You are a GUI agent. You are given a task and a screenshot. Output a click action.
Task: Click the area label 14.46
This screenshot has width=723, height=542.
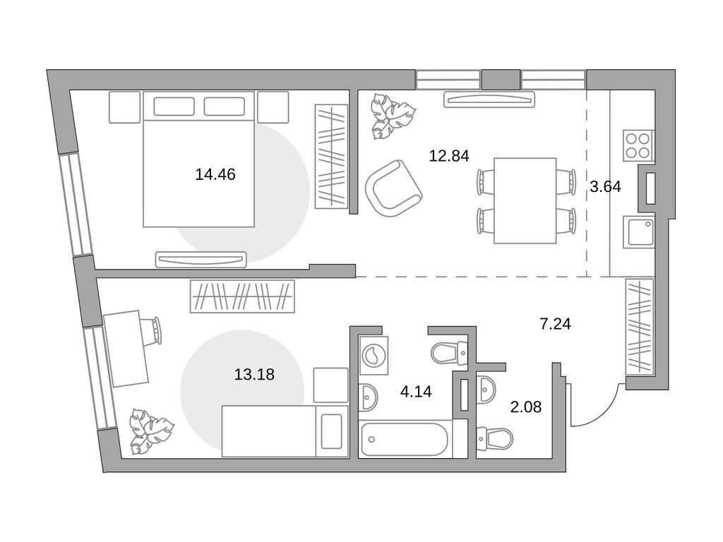[215, 174]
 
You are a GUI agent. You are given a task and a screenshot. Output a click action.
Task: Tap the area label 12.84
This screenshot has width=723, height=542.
[449, 156]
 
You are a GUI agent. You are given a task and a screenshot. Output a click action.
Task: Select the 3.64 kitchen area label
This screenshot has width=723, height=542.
[605, 186]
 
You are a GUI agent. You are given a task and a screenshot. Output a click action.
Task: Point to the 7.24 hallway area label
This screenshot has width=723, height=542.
[555, 323]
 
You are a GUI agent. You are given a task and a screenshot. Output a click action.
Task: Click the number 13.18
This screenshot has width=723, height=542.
[254, 374]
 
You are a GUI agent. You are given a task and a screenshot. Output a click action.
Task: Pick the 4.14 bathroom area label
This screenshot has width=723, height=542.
[416, 392]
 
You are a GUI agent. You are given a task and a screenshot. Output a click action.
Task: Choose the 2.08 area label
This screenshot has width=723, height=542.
[525, 407]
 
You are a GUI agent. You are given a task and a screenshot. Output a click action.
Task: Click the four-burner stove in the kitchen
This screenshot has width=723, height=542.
[638, 145]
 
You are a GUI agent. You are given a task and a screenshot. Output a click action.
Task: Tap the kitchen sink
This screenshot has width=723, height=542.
[638, 231]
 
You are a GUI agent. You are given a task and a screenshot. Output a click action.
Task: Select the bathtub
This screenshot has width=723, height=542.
[405, 439]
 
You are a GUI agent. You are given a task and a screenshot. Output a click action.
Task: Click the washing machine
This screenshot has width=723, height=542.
[374, 355]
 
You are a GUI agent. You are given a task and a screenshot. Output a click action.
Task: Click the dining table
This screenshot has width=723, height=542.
[525, 200]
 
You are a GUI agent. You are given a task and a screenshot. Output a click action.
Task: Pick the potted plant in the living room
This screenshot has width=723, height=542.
[393, 116]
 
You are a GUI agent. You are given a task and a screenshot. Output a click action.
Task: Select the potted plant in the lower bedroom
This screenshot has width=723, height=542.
[152, 431]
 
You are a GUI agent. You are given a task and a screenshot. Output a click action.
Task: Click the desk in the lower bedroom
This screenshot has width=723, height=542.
[126, 349]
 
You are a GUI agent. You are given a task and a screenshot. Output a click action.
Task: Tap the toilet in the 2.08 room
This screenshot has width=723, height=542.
[495, 438]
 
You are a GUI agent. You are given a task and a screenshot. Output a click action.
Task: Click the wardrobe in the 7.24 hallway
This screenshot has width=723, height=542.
[640, 327]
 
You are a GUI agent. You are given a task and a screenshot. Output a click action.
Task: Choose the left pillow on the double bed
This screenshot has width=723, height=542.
[174, 107]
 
